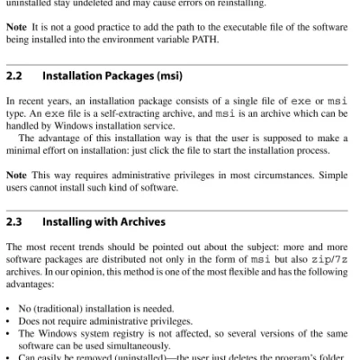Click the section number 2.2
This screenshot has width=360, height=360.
[14, 76]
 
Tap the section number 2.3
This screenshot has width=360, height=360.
[14, 220]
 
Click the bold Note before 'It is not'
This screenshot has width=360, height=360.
[18, 26]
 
